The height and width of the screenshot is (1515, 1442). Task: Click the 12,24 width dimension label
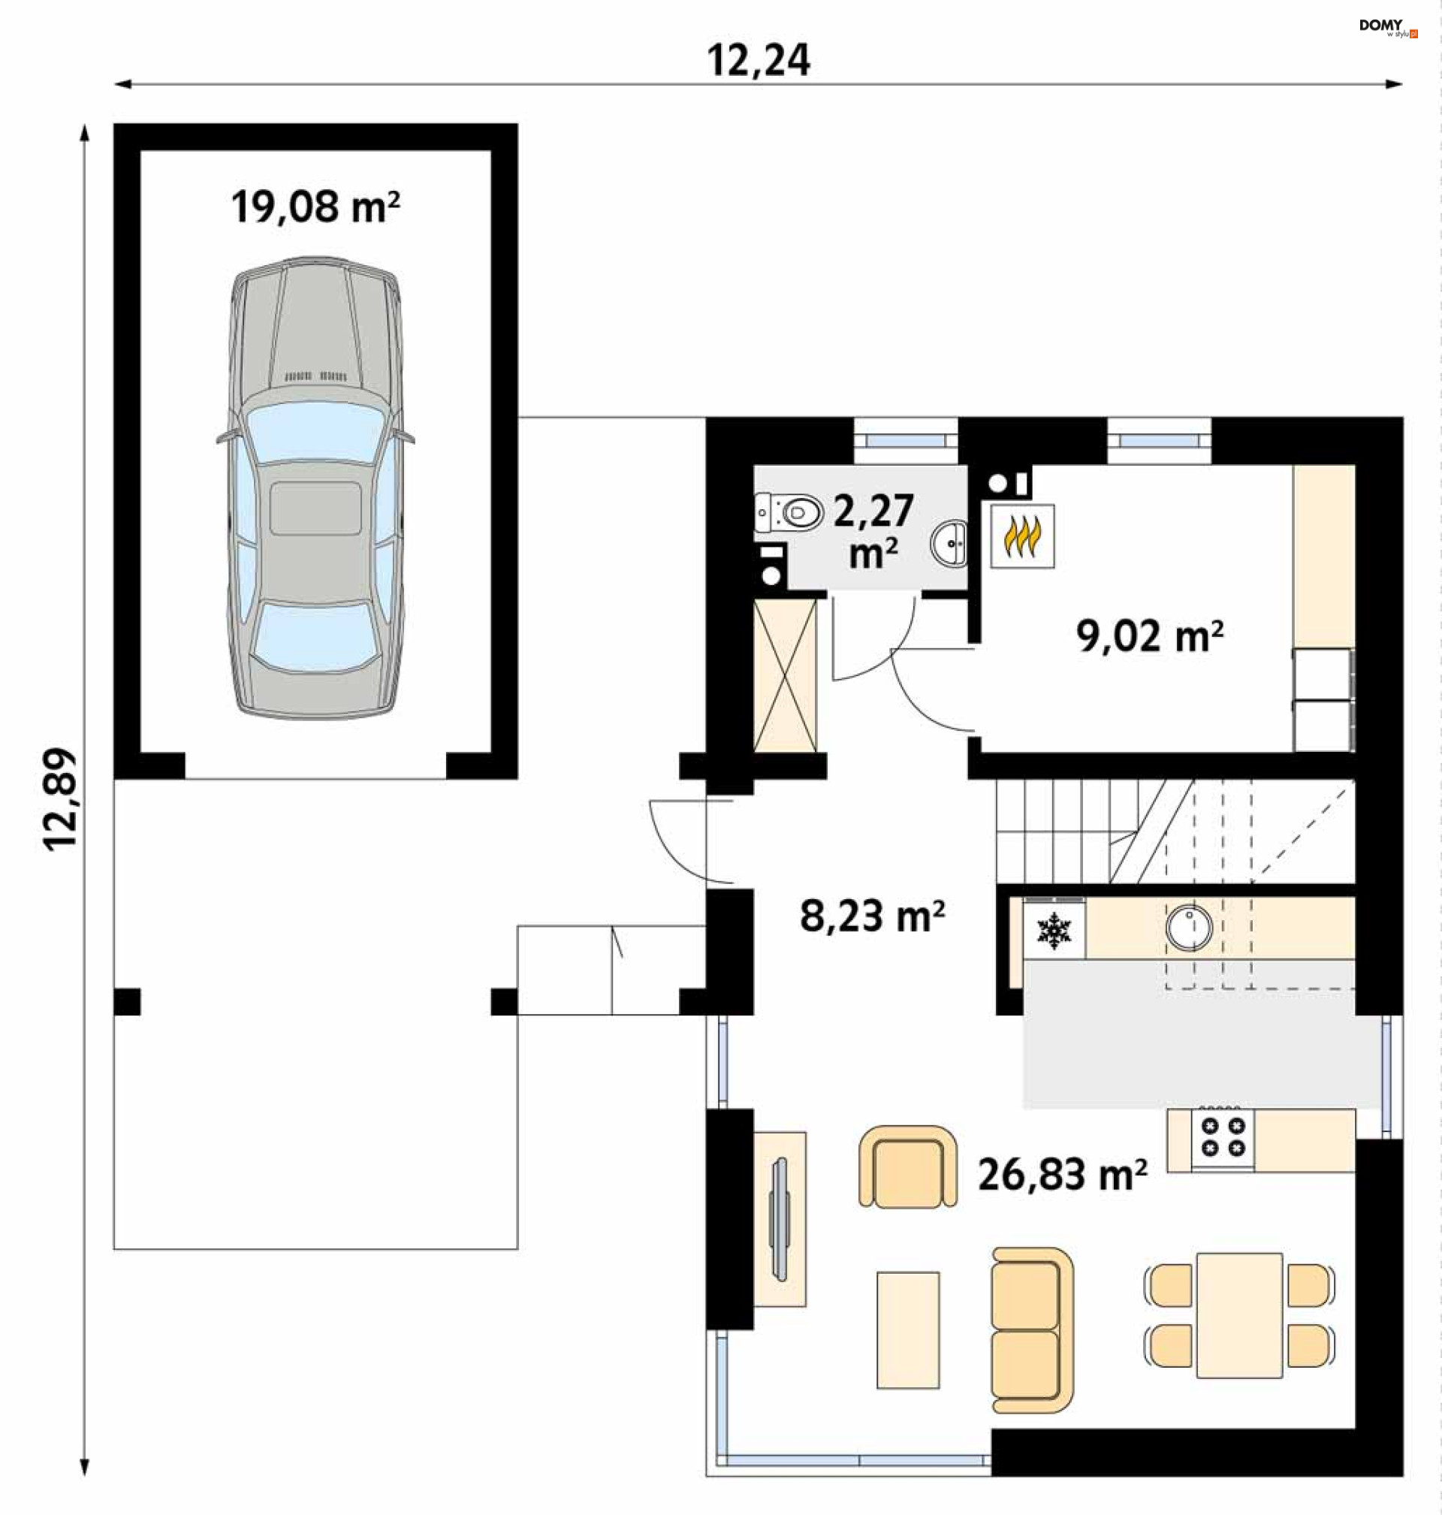coord(758,60)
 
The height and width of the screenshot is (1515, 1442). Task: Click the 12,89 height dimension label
coord(60,798)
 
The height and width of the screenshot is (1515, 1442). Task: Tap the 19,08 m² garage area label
coord(315,207)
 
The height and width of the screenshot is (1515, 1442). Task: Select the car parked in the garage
coord(315,488)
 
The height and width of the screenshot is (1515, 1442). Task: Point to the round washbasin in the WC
coord(950,544)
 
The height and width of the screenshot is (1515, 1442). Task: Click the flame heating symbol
coord(1022,536)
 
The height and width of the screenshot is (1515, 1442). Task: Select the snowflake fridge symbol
coord(1054,931)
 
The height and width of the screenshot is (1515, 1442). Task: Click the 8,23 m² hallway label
coord(873,916)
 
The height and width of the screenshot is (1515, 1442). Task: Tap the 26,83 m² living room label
coord(1062,1175)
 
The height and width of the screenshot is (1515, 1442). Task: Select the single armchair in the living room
coord(908,1166)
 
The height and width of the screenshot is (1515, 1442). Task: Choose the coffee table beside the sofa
coord(908,1329)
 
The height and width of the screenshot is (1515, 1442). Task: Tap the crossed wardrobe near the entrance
coord(785,676)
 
